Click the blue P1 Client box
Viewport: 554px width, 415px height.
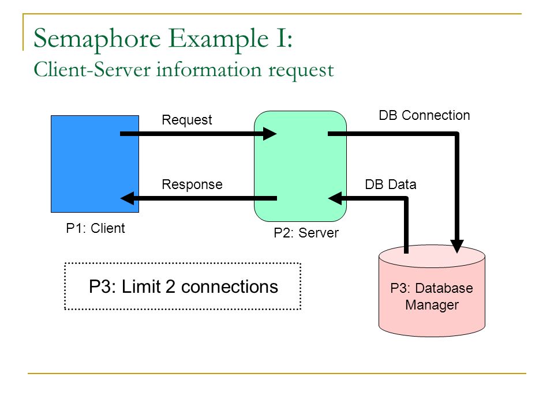coord(95,164)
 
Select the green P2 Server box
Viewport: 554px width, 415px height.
coord(300,166)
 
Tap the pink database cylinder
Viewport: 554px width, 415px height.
coord(432,290)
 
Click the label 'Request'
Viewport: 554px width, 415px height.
coord(186,120)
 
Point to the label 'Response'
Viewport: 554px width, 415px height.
coord(192,184)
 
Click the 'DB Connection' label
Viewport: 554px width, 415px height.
coord(424,115)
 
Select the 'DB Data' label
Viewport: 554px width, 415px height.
coord(391,184)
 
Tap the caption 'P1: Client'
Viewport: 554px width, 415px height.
coord(95,228)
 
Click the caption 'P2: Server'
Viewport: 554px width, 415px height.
coord(306,233)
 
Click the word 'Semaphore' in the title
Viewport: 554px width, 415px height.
coord(97,40)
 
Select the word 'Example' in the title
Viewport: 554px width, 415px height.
coord(218,40)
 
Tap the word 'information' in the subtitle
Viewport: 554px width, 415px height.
coord(209,69)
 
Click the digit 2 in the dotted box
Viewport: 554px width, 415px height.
coord(170,286)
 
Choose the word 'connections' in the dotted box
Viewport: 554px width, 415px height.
coord(230,287)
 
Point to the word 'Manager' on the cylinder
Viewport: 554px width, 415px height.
coord(432,305)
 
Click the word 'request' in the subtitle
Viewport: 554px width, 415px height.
coord(301,70)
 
